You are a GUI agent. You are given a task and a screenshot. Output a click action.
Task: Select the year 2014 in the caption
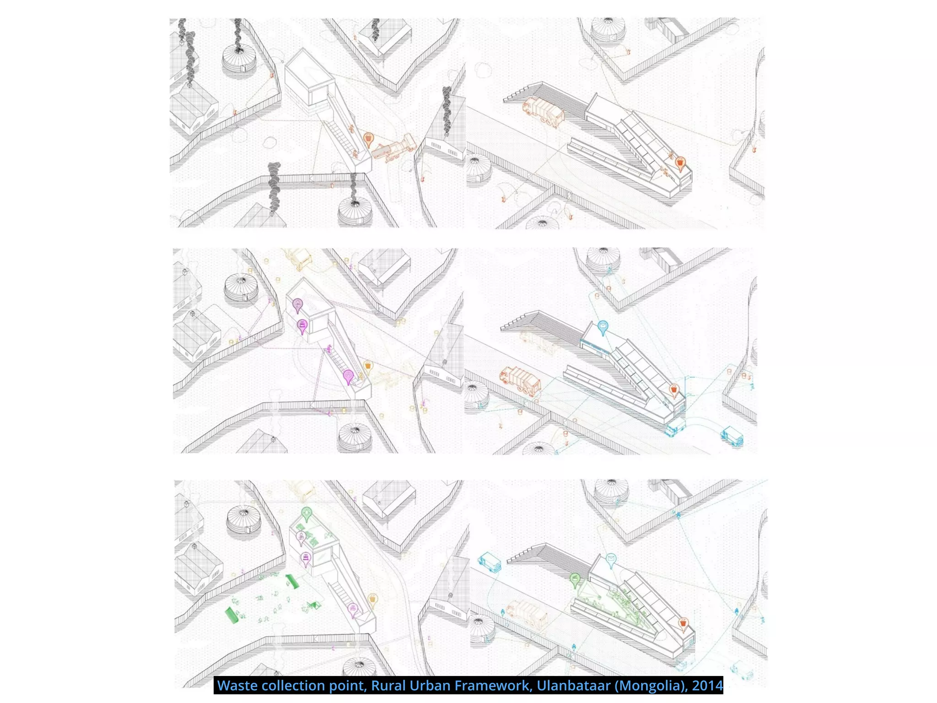[x=707, y=685]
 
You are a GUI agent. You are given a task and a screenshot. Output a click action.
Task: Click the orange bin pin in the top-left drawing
[x=368, y=138]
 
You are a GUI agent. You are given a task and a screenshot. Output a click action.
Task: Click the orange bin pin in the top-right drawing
[x=680, y=162]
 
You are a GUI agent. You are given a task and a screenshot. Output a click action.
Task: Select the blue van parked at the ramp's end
[x=674, y=428]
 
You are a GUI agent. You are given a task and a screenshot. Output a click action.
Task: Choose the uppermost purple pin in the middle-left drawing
[x=298, y=304]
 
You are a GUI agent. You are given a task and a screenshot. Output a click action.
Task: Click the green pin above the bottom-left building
[x=307, y=513]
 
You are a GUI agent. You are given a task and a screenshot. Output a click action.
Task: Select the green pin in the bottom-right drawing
[x=575, y=580]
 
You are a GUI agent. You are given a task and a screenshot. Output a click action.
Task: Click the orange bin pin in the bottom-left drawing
[x=373, y=599]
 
